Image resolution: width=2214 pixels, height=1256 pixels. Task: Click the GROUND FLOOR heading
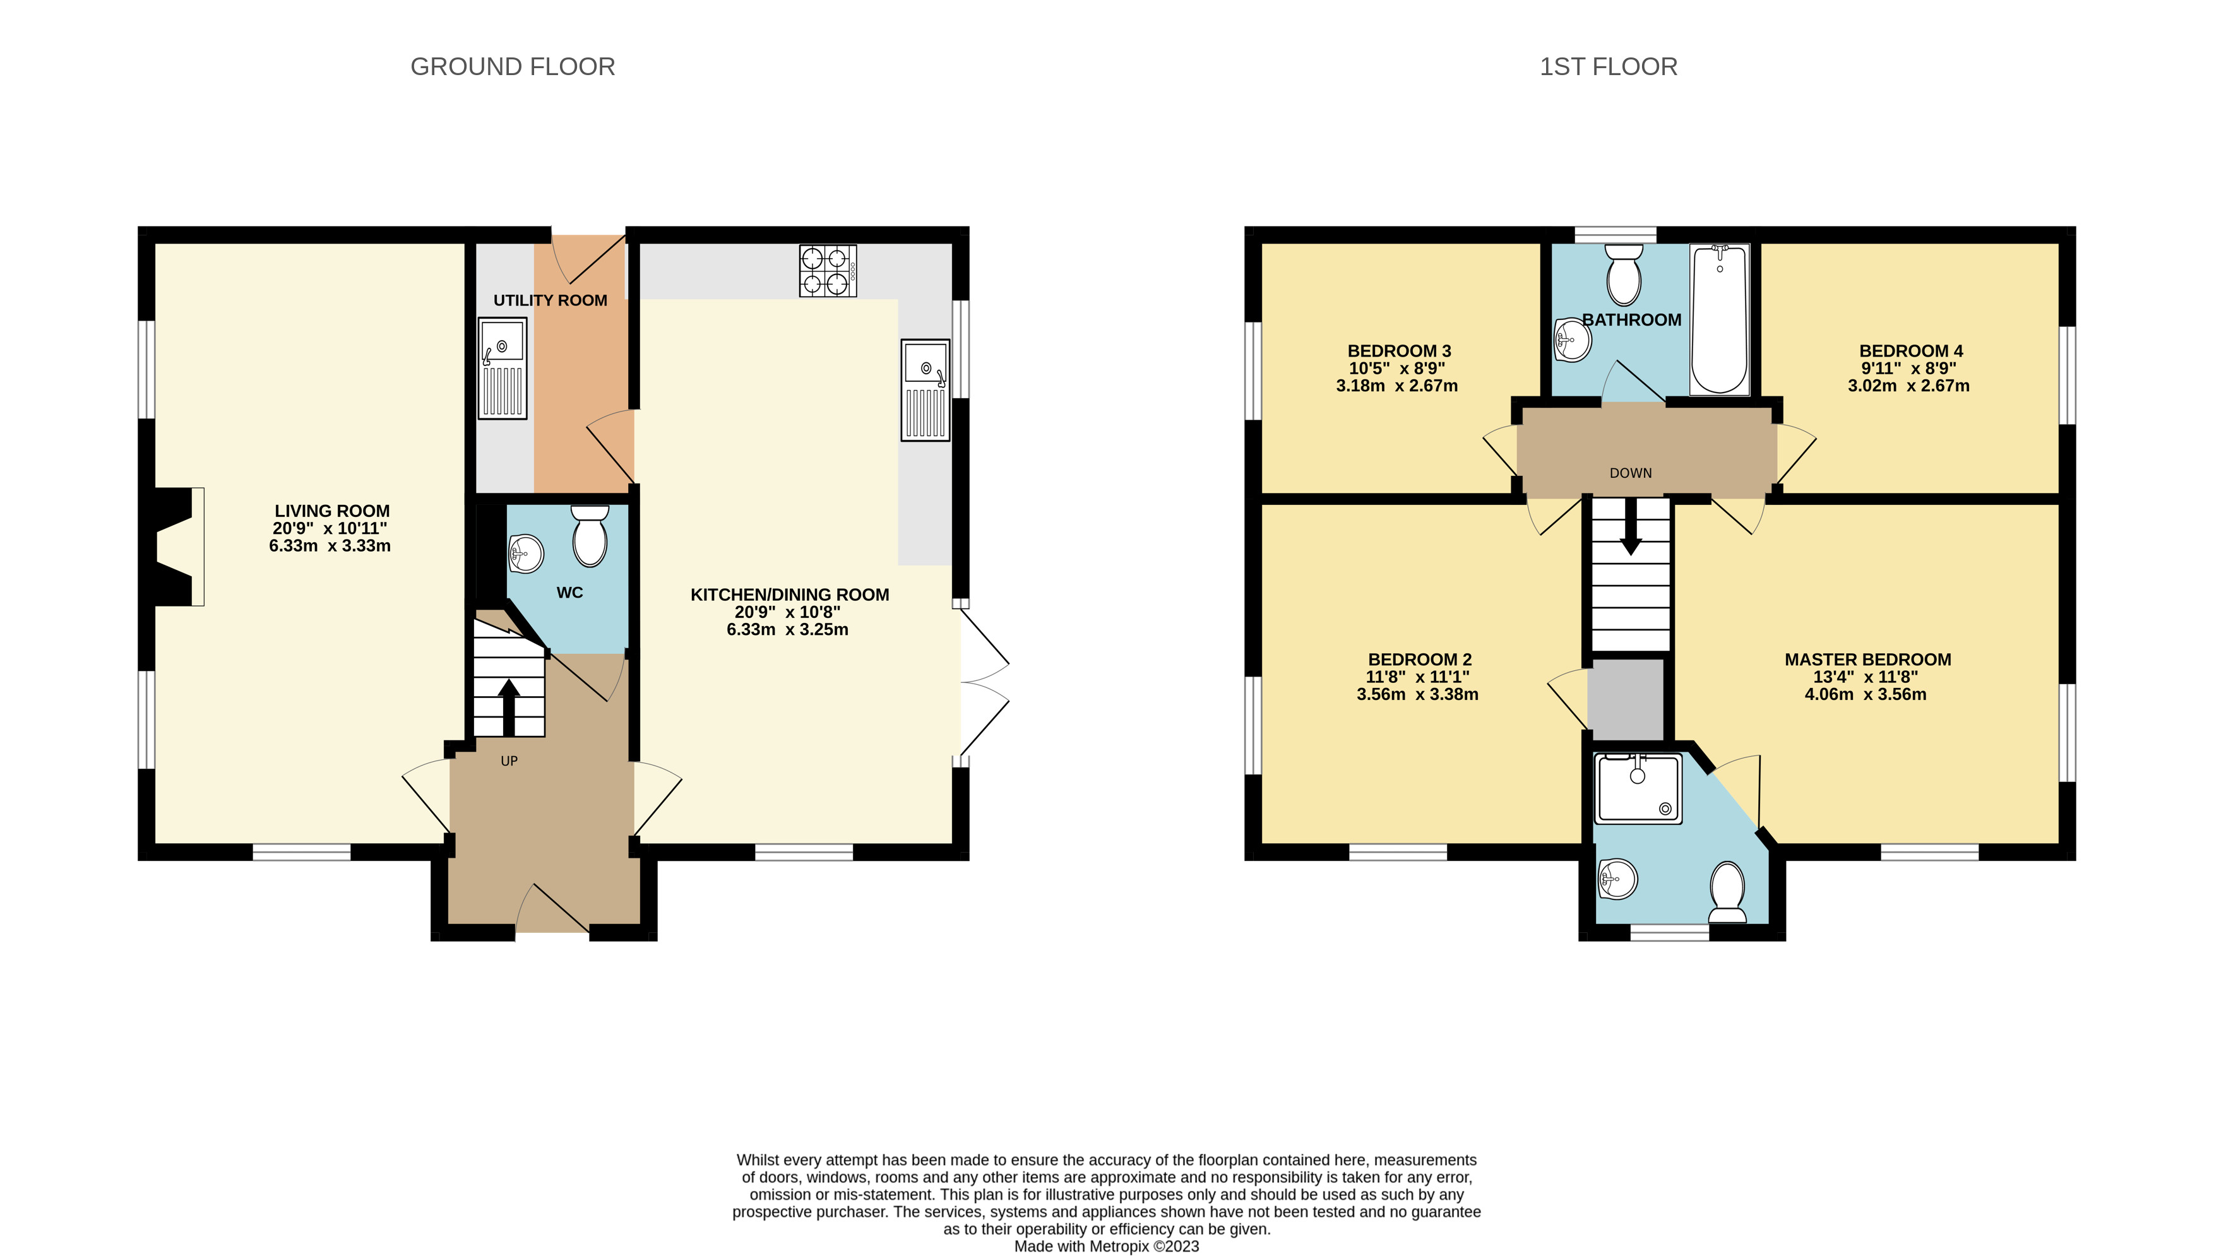tap(513, 66)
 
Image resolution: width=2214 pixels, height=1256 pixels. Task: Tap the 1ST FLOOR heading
tap(1609, 66)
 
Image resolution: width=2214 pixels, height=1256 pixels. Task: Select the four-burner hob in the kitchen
tap(828, 271)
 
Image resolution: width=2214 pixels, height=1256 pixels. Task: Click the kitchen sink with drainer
tap(925, 390)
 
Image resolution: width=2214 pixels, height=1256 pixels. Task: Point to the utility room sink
tap(502, 369)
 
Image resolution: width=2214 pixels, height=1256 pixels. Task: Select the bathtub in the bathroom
tap(1720, 319)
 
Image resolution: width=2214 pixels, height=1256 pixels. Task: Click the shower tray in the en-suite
tap(1638, 788)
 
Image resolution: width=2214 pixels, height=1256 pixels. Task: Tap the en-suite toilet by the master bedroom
tap(1727, 892)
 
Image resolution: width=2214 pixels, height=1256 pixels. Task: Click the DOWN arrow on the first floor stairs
tap(1631, 526)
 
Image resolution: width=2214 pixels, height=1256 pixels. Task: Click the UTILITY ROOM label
tap(551, 300)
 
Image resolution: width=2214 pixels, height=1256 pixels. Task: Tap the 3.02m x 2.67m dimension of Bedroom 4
tap(1908, 386)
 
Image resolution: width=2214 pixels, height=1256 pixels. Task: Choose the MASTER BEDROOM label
tap(1868, 659)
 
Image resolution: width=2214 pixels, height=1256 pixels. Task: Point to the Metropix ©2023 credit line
tap(1106, 1246)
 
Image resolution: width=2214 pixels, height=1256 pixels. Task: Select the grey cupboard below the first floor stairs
tap(1626, 699)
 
